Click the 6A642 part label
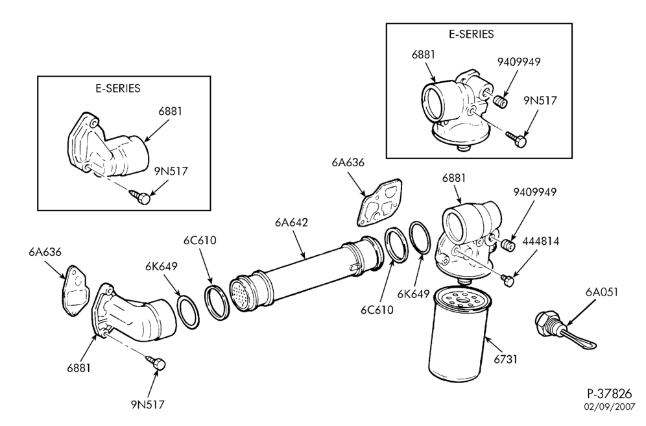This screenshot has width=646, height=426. pyautogui.click(x=291, y=223)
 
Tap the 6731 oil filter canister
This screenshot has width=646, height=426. pyautogui.click(x=458, y=338)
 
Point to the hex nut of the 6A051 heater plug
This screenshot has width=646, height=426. pyautogui.click(x=543, y=321)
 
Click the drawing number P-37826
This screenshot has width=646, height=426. pyautogui.click(x=609, y=393)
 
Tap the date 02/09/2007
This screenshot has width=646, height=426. pyautogui.click(x=609, y=407)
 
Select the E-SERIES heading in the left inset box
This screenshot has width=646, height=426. pyautogui.click(x=118, y=88)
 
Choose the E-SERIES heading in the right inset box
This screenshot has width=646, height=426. pyautogui.click(x=472, y=34)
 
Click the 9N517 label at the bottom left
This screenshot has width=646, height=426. pyautogui.click(x=148, y=405)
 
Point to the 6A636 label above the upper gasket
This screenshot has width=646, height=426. pyautogui.click(x=348, y=162)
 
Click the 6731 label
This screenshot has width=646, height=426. pyautogui.click(x=505, y=359)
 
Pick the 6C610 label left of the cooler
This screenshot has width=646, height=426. pyautogui.click(x=200, y=240)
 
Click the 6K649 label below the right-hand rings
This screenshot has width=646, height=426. pyautogui.click(x=414, y=294)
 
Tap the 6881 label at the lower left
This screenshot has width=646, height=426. pyautogui.click(x=78, y=368)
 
